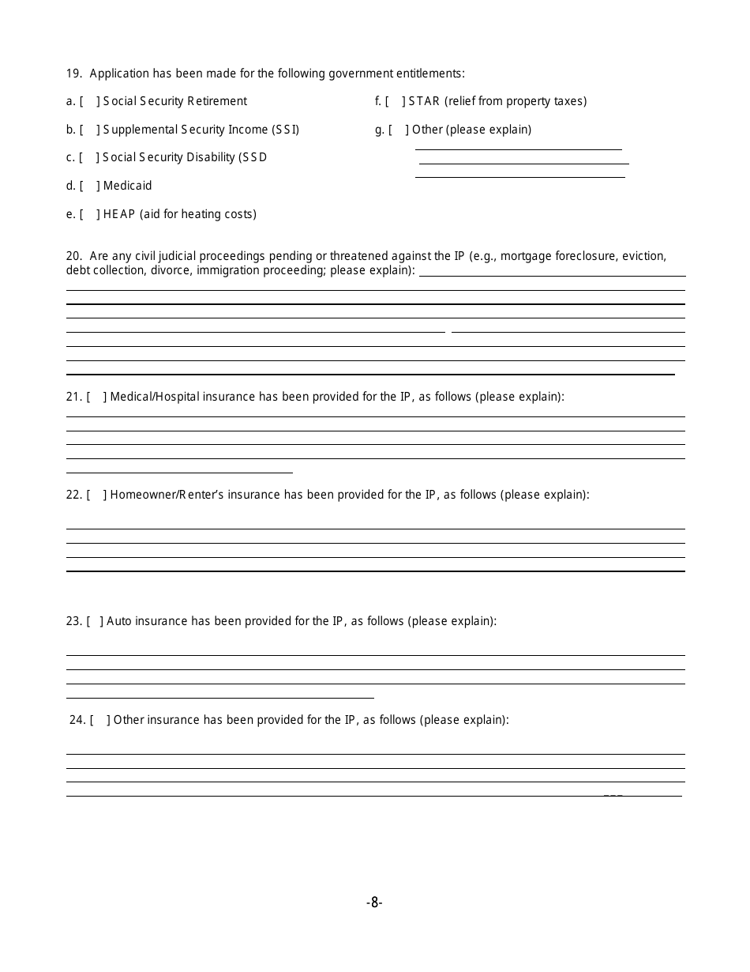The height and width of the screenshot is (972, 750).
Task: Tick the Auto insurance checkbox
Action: pyautogui.click(x=95, y=621)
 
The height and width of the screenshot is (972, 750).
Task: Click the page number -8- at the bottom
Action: pyautogui.click(x=374, y=902)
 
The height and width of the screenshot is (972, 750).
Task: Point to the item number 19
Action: pyautogui.click(x=73, y=73)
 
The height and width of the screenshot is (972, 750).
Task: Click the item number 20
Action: pyautogui.click(x=73, y=256)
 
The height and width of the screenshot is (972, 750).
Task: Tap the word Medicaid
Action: pyautogui.click(x=127, y=186)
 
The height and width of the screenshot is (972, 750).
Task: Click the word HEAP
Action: pyautogui.click(x=119, y=214)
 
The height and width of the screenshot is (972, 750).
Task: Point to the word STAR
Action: pyautogui.click(x=424, y=101)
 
